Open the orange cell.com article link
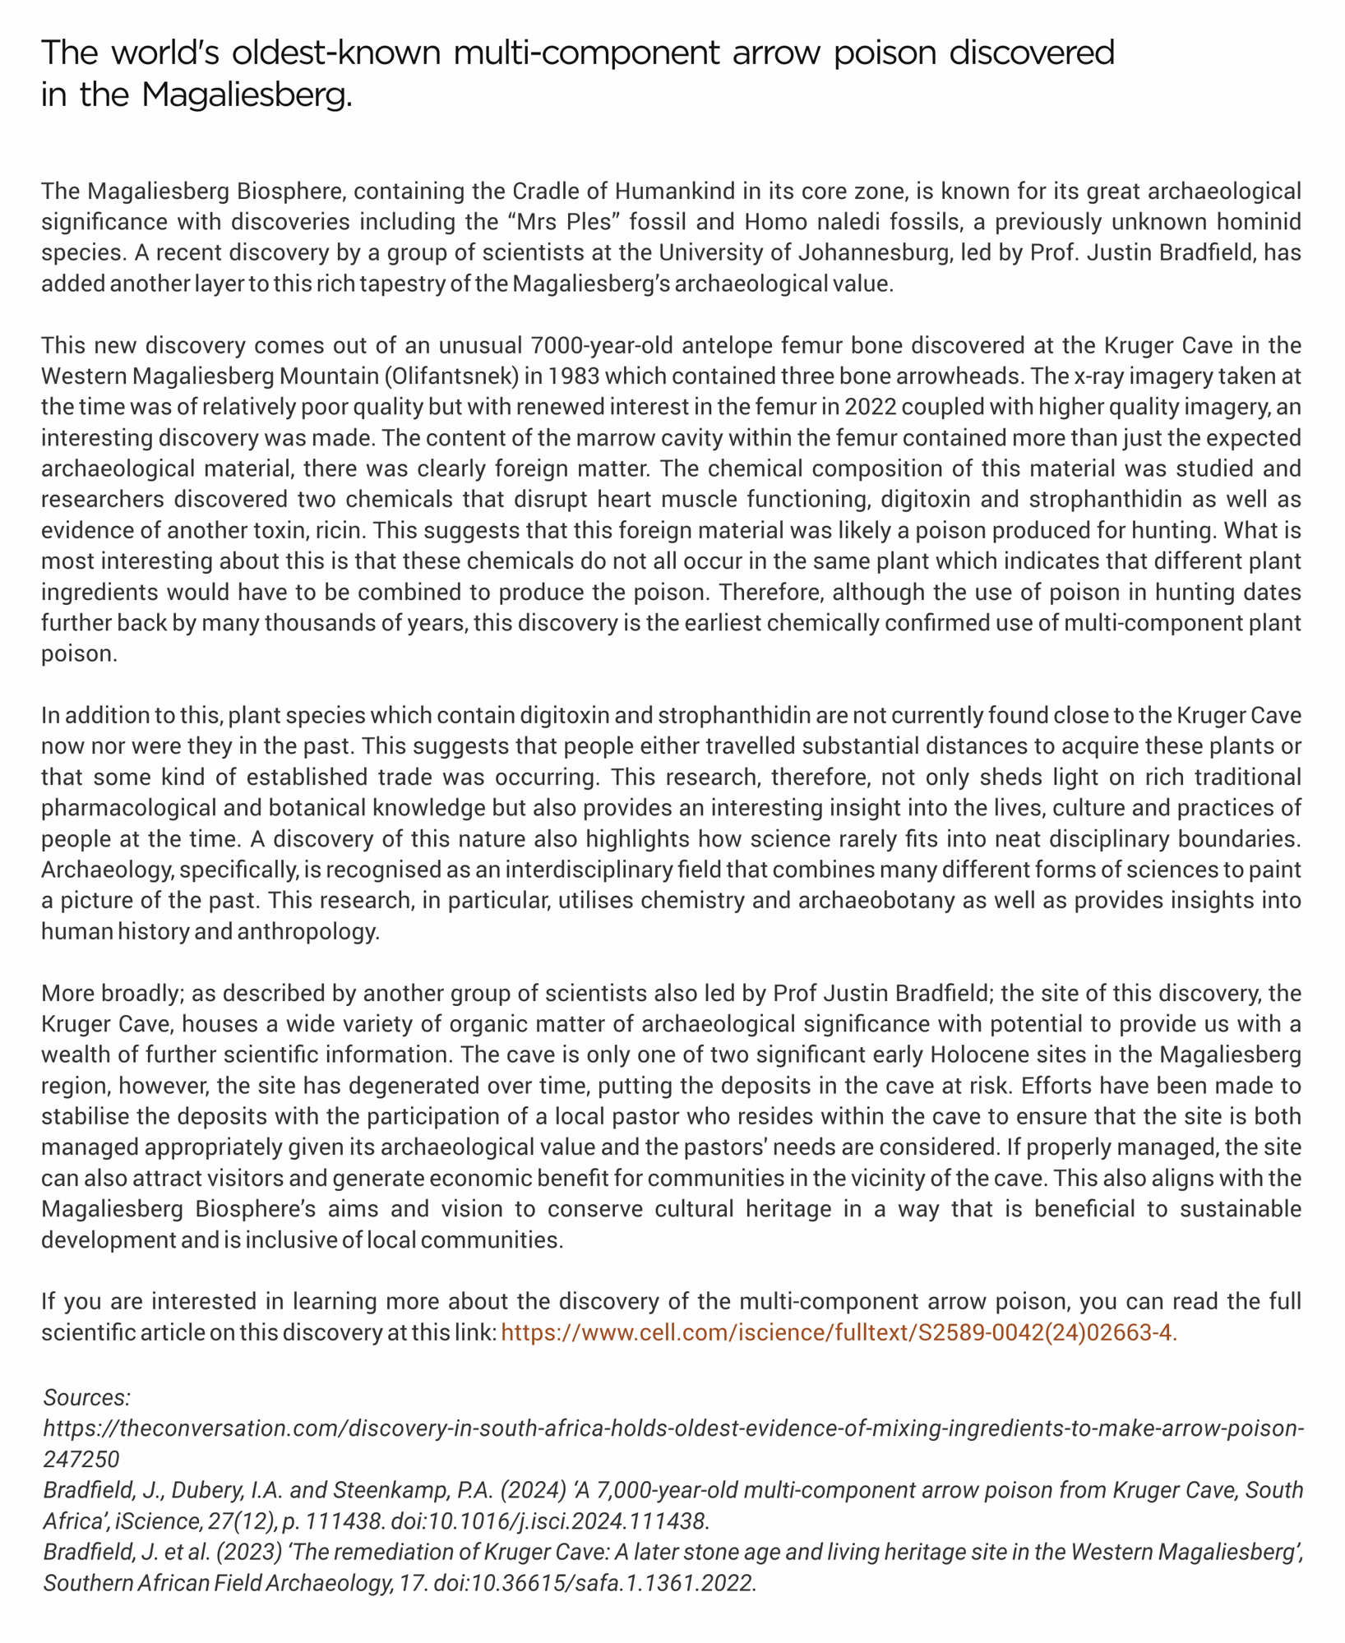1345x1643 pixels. (839, 1333)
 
